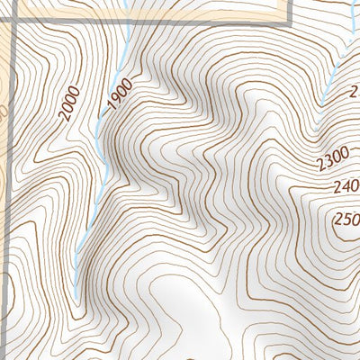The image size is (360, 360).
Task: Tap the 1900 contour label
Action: pos(120,94)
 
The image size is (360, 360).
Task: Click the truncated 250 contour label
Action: pos(346,219)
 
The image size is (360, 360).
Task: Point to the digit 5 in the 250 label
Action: pos(347,219)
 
